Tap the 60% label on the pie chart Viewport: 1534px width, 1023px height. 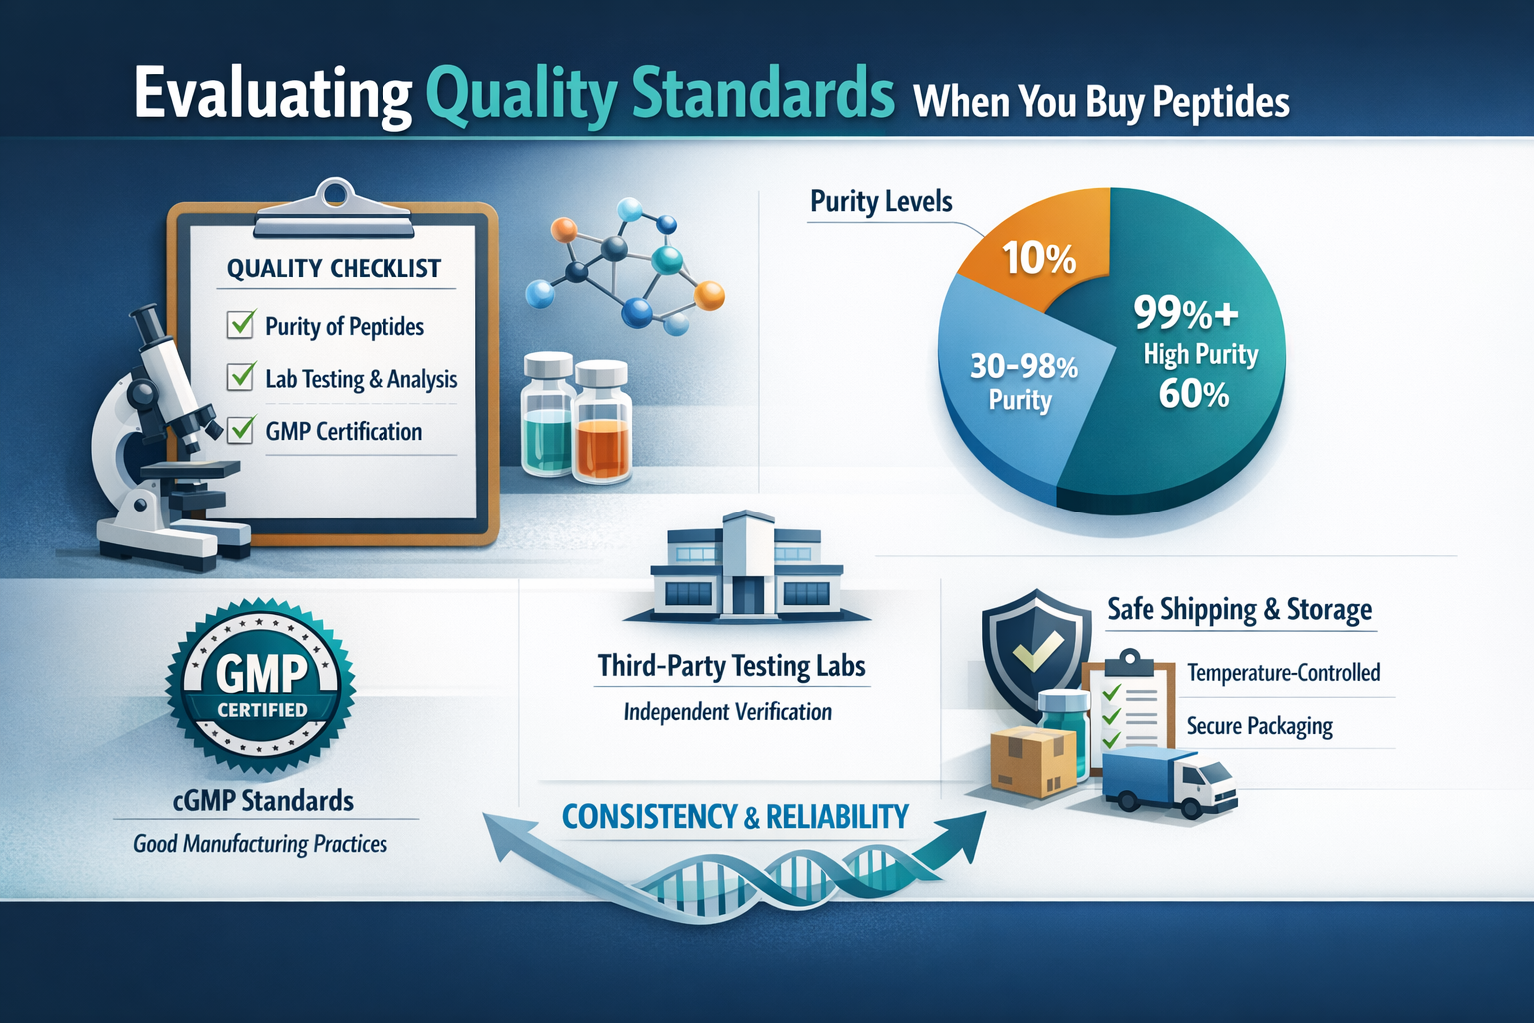point(1193,395)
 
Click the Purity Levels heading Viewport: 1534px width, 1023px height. point(881,201)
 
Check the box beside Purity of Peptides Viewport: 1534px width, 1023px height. point(241,325)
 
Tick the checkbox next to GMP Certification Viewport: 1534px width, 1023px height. point(241,430)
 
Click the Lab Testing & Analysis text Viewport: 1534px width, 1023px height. point(361,379)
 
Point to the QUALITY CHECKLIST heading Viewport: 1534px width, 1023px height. point(334,268)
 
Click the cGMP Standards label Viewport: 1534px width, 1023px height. point(263,801)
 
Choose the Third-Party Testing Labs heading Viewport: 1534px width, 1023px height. point(731,666)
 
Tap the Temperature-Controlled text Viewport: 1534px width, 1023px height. point(1283,673)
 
